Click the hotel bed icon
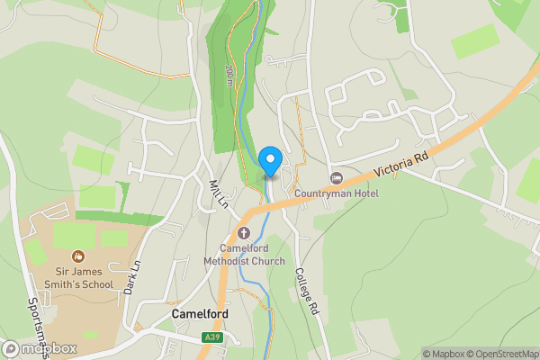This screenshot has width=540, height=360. coord(337,178)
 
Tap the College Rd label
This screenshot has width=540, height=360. coord(308,294)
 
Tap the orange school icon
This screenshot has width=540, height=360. coord(79,256)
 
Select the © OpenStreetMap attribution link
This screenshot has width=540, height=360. coord(498,354)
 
